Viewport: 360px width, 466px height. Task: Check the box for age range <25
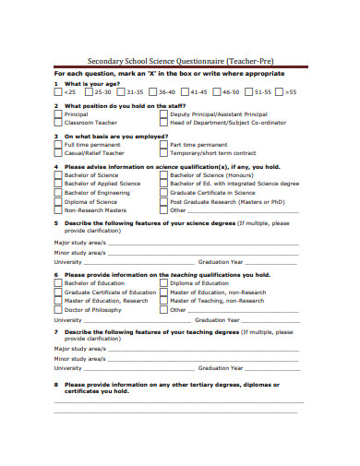[x=59, y=92]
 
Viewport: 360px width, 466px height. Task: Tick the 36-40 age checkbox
[x=153, y=92]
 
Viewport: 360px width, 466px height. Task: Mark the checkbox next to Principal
[x=59, y=114]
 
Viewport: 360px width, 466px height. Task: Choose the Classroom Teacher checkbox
[x=59, y=123]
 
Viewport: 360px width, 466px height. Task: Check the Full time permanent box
[x=59, y=145]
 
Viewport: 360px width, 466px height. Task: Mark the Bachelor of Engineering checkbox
[x=59, y=192]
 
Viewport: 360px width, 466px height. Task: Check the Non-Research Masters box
[x=59, y=209]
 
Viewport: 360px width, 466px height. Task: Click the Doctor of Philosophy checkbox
[x=59, y=310]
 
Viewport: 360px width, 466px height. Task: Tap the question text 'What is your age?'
[x=89, y=83]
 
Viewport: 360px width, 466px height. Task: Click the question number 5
[x=55, y=222]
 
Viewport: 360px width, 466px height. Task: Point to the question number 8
[x=55, y=384]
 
